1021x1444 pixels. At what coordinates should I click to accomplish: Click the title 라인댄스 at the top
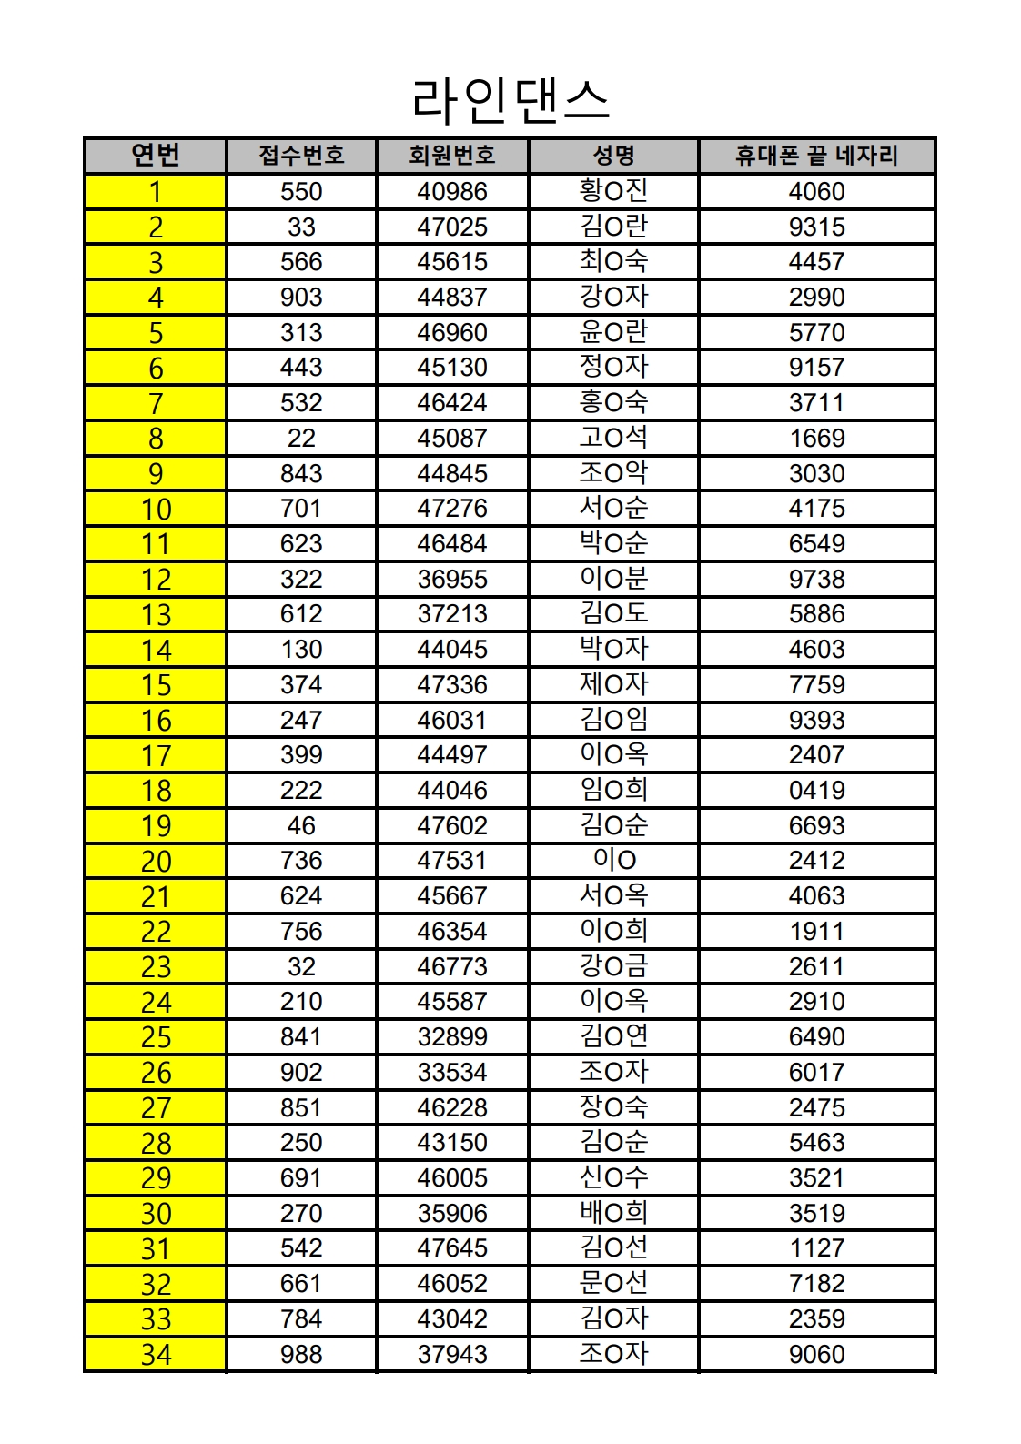[510, 100]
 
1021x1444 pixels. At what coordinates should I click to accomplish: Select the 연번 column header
[156, 156]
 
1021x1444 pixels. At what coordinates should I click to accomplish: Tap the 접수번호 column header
[301, 156]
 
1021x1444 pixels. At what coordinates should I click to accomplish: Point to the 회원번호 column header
[452, 156]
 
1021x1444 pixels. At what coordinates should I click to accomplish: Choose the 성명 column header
[613, 156]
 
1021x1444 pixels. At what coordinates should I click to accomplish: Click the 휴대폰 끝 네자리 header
[816, 156]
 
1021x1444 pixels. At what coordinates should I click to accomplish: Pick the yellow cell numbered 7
[156, 403]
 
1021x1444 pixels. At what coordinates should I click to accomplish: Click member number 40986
[452, 192]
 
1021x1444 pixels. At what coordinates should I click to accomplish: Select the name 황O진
[613, 191]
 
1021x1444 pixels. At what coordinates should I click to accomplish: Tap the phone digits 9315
[816, 227]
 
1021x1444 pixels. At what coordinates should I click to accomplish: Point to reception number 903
[301, 298]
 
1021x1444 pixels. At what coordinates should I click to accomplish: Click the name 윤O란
[613, 332]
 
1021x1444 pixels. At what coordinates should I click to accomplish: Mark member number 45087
[452, 439]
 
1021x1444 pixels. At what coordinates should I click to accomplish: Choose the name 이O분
[613, 579]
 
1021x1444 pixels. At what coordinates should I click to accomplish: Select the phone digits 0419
[816, 791]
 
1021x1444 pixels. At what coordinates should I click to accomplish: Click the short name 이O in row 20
[614, 860]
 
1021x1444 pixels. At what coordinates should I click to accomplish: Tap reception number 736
[301, 861]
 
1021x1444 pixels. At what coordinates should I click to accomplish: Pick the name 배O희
[613, 1213]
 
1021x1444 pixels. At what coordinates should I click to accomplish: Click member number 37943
[452, 1355]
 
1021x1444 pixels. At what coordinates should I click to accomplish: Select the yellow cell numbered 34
[156, 1355]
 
